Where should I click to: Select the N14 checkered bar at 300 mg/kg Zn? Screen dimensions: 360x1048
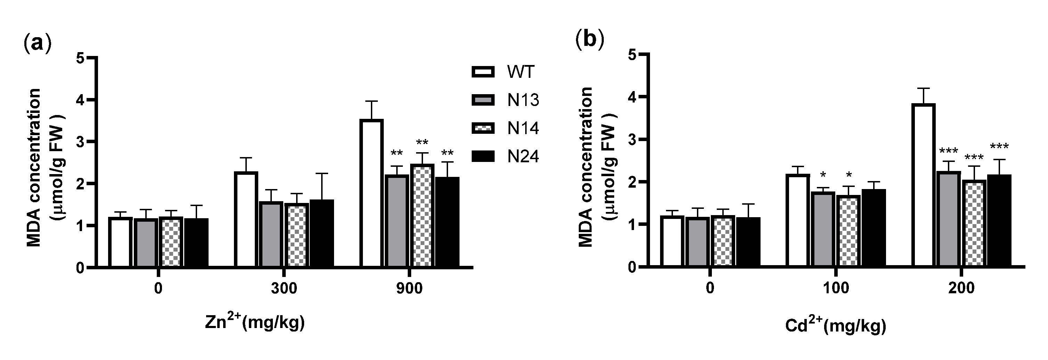click(296, 235)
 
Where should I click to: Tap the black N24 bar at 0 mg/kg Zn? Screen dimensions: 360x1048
click(196, 243)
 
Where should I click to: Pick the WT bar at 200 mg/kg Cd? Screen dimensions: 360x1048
click(924, 186)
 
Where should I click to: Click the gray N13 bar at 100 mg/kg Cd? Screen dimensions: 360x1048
click(823, 229)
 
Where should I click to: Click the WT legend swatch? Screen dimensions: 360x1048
click(483, 72)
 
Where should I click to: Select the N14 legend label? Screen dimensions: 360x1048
click(523, 129)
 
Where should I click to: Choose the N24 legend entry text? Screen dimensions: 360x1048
click(523, 157)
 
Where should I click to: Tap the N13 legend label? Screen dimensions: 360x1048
click(523, 100)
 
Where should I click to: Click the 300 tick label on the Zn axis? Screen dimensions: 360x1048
click(284, 288)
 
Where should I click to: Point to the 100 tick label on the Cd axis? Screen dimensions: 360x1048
click(836, 288)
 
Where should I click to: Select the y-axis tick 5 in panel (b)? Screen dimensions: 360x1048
click(631, 55)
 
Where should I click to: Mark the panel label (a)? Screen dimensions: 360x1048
click(38, 43)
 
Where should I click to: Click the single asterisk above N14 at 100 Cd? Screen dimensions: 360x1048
click(848, 175)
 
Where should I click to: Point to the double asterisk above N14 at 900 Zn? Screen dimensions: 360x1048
click(422, 143)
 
